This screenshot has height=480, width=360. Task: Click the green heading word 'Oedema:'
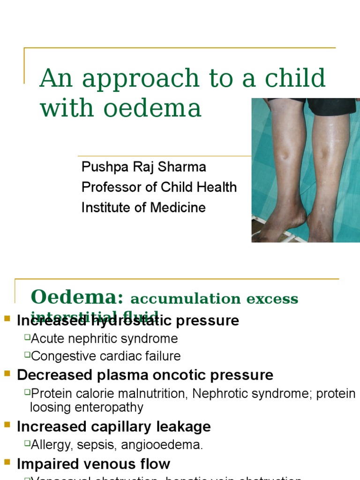pos(77,297)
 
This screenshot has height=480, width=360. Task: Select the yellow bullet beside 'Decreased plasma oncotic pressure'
pos(7,374)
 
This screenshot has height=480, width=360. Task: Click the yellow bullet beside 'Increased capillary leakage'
pos(7,426)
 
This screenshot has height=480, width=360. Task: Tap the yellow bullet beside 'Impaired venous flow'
pos(7,463)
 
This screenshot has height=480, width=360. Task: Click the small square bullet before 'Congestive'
pos(27,355)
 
